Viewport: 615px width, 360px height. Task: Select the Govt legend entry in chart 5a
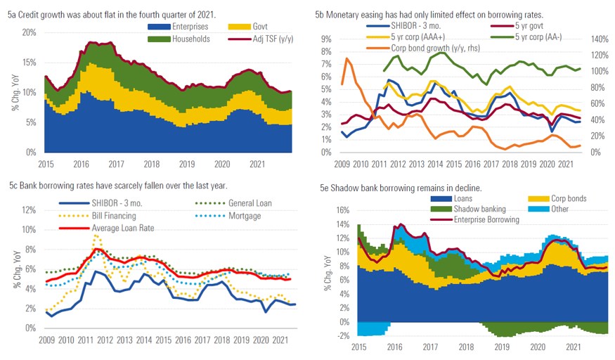pos(247,27)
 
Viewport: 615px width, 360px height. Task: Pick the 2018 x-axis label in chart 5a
pos(153,164)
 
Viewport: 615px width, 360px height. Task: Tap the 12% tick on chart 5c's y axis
pos(28,210)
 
